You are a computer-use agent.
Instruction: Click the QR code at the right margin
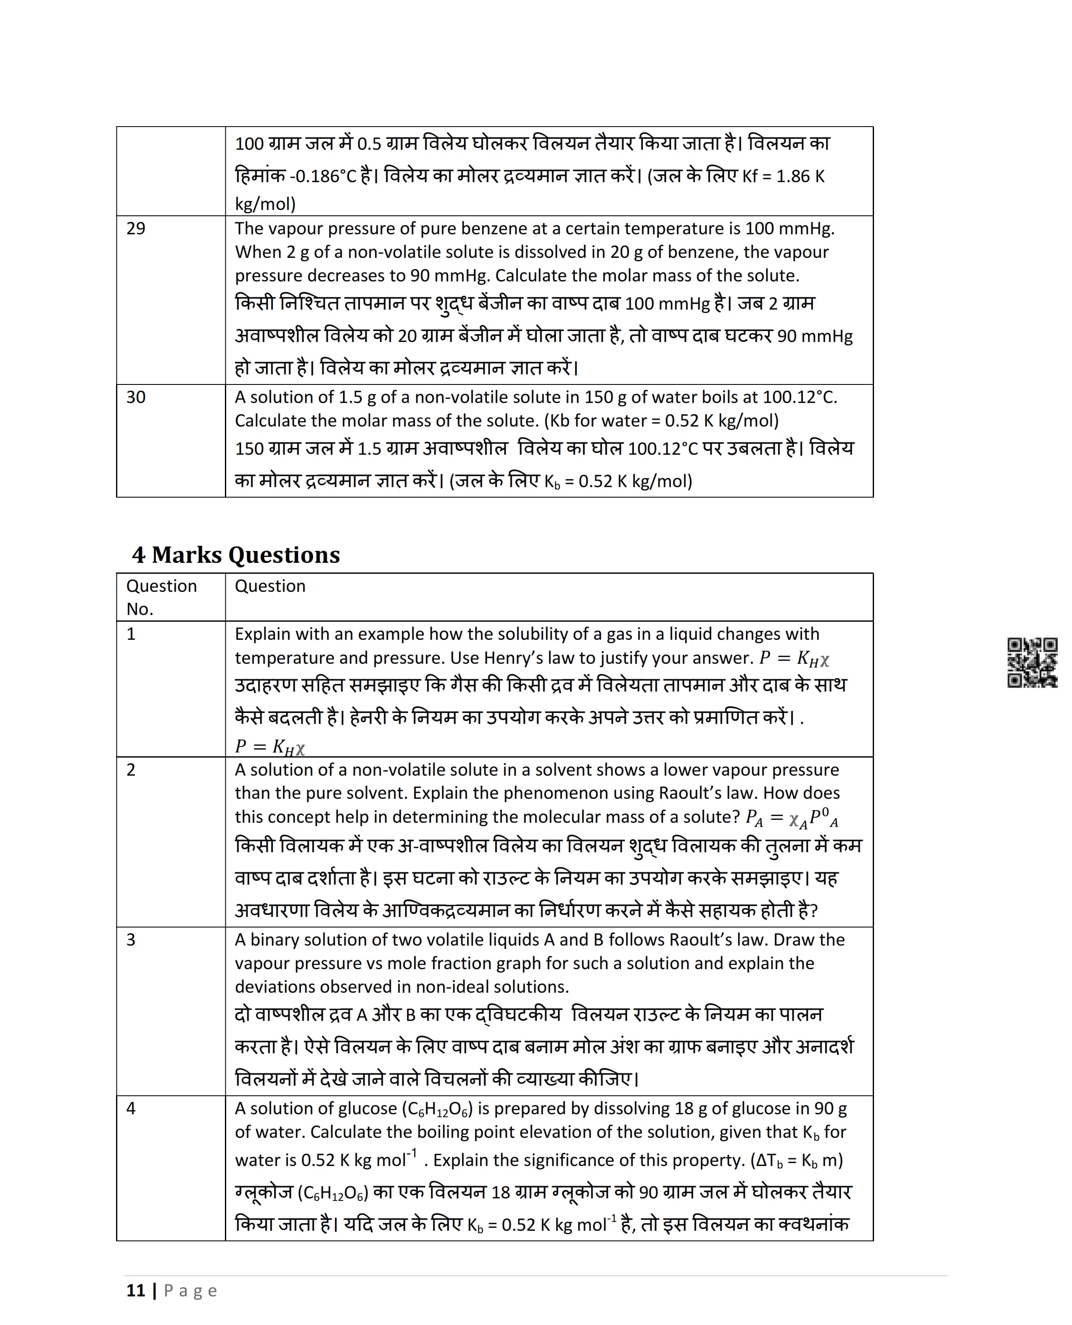coord(1032,663)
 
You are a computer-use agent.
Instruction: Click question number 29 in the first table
coord(136,228)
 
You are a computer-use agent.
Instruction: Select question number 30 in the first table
coord(136,397)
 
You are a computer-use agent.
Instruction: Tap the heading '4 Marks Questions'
coord(236,555)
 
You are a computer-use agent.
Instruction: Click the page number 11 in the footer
coord(136,1291)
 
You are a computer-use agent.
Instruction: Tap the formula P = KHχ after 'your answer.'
coord(794,658)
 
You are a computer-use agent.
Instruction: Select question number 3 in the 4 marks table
coord(131,940)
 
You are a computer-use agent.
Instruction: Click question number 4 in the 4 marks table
coord(131,1108)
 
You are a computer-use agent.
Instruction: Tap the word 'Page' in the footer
coord(190,1291)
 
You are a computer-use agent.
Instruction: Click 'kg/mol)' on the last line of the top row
coord(265,204)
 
